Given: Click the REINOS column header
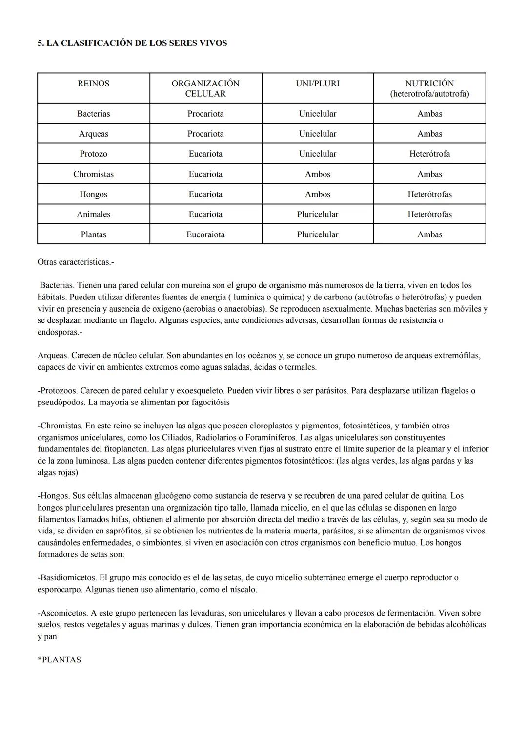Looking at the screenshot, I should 93,84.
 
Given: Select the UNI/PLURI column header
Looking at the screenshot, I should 317,84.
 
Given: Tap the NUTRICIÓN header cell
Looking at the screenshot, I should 429,88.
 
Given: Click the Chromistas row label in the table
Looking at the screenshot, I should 93,174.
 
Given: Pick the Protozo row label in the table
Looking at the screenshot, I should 93,154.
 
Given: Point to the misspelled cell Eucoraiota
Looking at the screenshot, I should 205,234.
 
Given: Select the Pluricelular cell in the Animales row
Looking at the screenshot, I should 317,214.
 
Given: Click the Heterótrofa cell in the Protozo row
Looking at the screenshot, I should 429,154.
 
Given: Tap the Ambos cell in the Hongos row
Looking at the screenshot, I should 317,194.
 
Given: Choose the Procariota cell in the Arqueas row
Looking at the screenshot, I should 205,134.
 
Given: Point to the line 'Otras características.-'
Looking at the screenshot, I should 76,262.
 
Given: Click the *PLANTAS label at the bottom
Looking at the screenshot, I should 60,660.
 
